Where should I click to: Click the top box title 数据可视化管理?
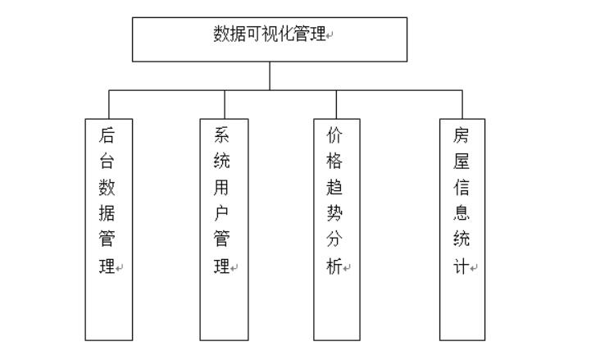269,34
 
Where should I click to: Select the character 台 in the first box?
107,162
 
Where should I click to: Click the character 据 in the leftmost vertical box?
107,214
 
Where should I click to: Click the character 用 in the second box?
221,188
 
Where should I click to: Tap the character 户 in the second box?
221,214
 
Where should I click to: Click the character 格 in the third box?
334,162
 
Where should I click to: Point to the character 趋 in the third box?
334,188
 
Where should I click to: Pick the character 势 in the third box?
334,214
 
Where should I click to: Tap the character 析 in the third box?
334,267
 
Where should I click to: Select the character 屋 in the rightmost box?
461,162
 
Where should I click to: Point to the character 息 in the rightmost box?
461,214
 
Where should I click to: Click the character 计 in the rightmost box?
461,267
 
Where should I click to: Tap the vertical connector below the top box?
270,75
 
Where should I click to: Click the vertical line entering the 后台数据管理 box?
109,104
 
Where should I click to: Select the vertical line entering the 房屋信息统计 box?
462,104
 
